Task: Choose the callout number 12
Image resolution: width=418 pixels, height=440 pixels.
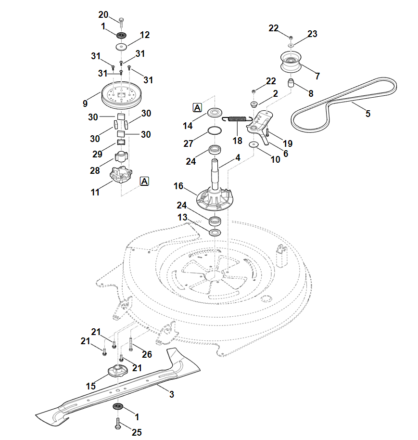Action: pyautogui.click(x=145, y=35)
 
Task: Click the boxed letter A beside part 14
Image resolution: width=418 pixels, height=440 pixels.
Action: pyautogui.click(x=197, y=107)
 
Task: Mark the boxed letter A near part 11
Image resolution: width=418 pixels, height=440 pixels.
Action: pyautogui.click(x=145, y=181)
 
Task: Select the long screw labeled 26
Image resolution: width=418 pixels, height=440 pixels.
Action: pyautogui.click(x=130, y=345)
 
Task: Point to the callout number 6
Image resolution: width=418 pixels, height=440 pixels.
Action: pyautogui.click(x=285, y=154)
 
